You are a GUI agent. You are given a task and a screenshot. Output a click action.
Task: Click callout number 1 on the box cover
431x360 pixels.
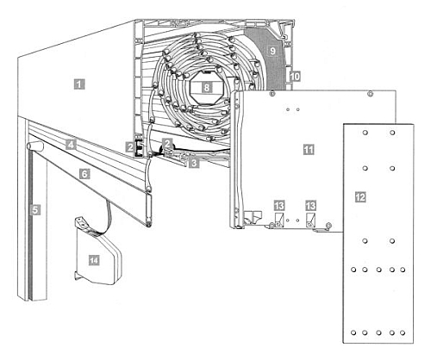tap(79, 84)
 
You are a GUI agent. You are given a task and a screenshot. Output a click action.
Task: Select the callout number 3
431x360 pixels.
tap(194, 163)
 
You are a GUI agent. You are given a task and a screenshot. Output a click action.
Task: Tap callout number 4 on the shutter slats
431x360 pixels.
tap(71, 145)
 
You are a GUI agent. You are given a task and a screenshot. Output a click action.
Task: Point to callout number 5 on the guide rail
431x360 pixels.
tap(35, 210)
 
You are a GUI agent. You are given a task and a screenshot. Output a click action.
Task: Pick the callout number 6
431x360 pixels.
tap(84, 174)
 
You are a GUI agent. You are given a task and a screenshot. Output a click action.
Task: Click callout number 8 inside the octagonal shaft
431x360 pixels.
tap(207, 87)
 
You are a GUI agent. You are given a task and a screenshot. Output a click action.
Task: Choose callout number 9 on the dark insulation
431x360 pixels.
tap(272, 51)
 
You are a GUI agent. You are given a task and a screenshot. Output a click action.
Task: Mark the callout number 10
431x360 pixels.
tap(295, 77)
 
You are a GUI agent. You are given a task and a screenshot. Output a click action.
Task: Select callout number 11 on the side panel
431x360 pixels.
tap(309, 150)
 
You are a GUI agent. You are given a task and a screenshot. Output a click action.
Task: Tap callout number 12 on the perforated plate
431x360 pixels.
tap(360, 197)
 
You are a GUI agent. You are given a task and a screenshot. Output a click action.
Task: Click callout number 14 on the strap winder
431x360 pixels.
tap(94, 260)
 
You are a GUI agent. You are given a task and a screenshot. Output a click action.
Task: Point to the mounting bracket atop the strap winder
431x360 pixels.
tap(82, 223)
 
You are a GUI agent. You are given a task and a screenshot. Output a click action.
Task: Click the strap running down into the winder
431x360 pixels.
tap(109, 215)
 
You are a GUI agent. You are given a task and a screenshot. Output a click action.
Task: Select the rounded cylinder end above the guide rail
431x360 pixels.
tap(34, 146)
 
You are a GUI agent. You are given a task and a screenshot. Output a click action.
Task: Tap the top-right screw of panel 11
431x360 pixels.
tap(371, 93)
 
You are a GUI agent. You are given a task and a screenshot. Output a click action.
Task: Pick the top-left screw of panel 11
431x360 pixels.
tap(272, 93)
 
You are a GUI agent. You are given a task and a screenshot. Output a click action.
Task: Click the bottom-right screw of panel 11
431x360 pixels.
tap(328, 225)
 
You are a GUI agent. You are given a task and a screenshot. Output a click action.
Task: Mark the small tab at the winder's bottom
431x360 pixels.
tap(77, 276)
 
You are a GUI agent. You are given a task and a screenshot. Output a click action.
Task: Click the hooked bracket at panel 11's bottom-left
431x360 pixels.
tap(253, 217)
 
